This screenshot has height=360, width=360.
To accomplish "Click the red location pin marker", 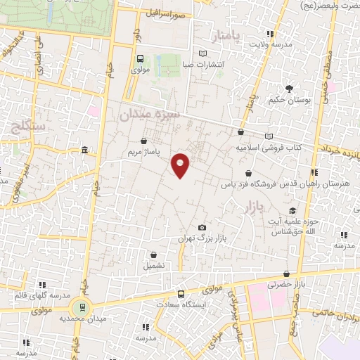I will point(181,164).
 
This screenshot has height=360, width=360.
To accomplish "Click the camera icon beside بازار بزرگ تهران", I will point(202,227).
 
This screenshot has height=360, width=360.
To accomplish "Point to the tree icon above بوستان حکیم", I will point(288,88).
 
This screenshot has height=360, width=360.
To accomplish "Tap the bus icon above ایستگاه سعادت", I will point(181,294).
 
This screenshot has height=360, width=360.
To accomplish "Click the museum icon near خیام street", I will point(84,150).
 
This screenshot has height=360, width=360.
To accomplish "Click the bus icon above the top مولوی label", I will point(139,59).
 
